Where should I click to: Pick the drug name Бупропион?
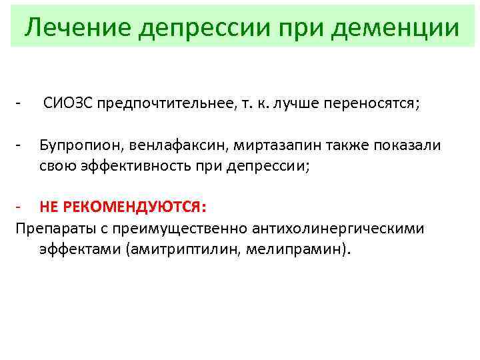tap(75, 145)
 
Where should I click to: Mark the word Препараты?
tap(50, 229)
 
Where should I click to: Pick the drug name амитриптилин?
tap(196, 249)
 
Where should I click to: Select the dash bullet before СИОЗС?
tap(21, 104)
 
